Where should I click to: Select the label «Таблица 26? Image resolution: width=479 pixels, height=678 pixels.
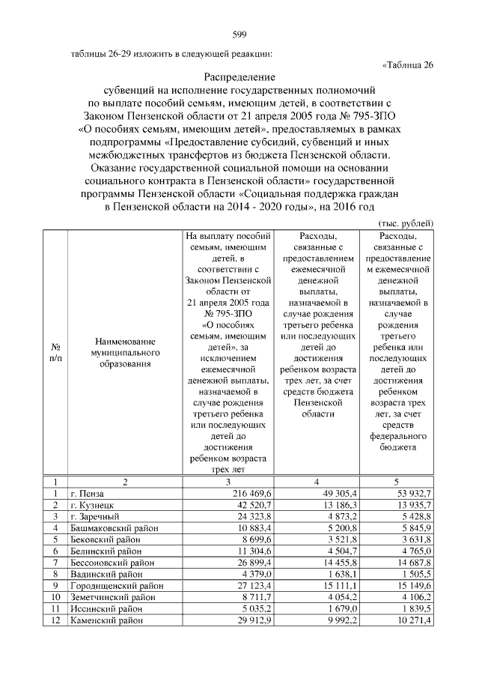click(407, 64)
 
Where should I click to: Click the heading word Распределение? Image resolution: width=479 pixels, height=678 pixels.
click(239, 77)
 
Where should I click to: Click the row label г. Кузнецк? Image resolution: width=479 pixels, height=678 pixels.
click(93, 506)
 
